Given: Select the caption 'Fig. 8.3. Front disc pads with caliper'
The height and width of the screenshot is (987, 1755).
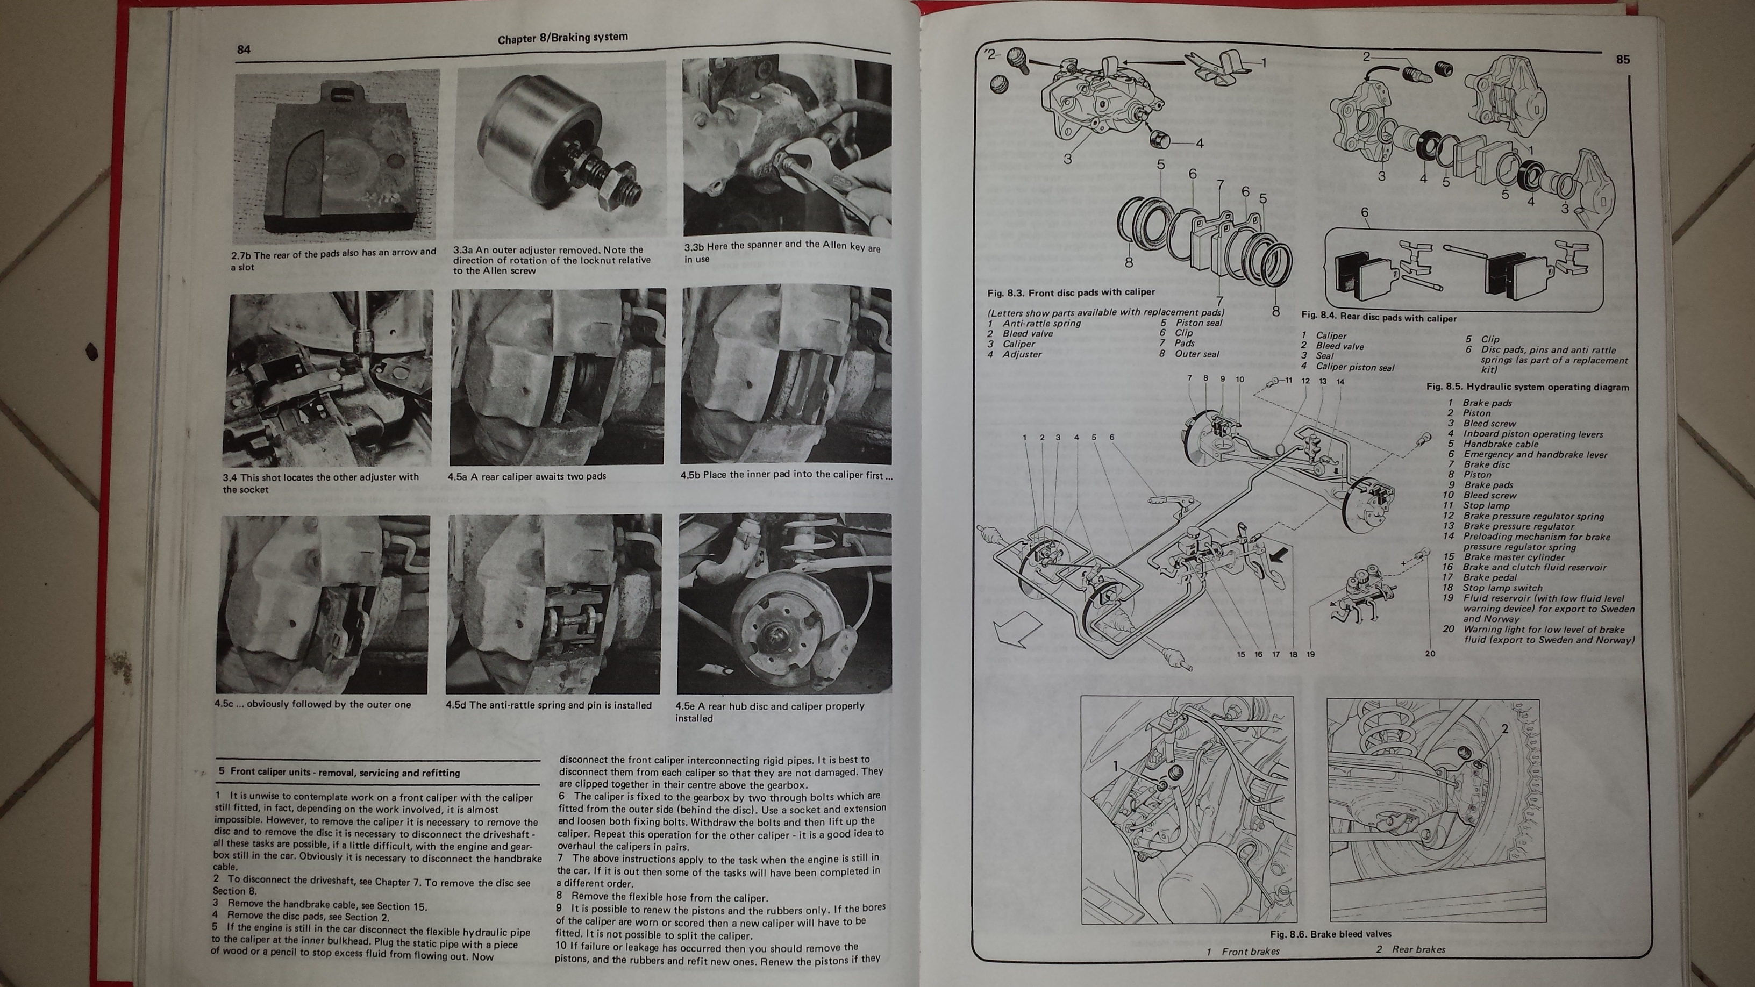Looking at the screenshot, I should [x=1071, y=292].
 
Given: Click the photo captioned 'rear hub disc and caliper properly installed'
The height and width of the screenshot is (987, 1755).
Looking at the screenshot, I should [x=784, y=604].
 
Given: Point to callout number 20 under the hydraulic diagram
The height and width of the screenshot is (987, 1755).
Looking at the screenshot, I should [x=1430, y=653].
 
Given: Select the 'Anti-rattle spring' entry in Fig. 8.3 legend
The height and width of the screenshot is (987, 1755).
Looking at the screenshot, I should [x=1041, y=323].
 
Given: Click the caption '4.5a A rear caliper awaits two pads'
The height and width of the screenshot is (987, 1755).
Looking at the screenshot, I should [x=526, y=476].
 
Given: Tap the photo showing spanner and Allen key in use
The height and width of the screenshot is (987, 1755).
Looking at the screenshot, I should [x=787, y=146].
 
